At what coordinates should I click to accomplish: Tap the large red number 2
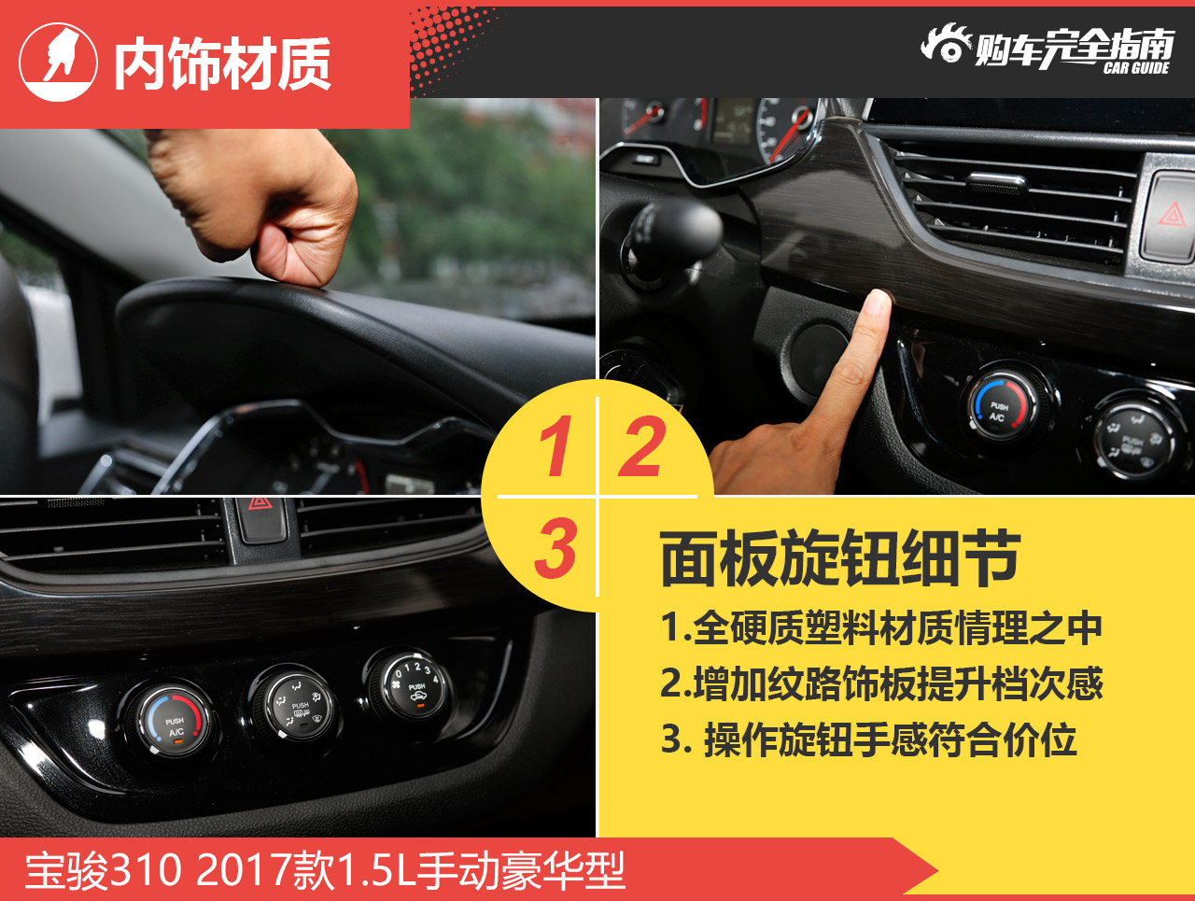point(642,445)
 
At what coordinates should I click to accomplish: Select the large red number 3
point(555,547)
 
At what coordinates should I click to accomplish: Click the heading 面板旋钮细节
point(840,558)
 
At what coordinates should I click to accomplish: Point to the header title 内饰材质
point(222,63)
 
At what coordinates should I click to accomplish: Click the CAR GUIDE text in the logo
point(1136,68)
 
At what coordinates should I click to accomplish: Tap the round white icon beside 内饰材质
point(58,62)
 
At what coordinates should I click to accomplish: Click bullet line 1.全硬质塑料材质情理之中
point(881,628)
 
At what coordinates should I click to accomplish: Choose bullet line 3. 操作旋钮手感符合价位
point(869,739)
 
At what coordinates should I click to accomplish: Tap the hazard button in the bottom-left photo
point(260,520)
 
